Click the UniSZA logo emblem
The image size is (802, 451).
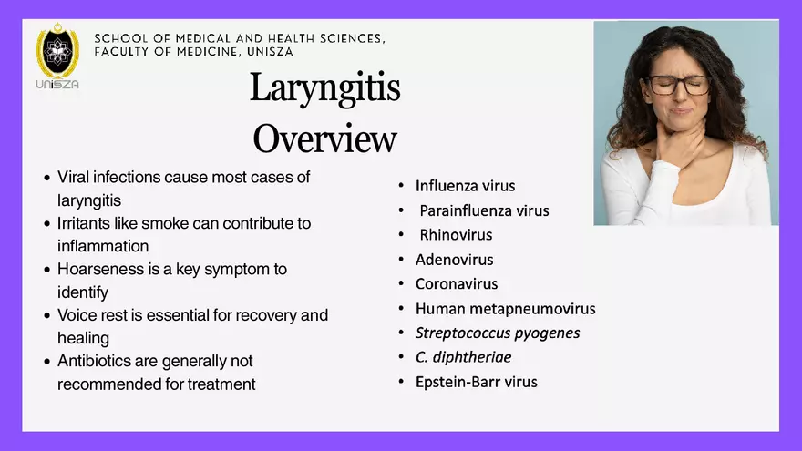(x=57, y=52)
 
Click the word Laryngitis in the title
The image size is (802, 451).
(x=324, y=88)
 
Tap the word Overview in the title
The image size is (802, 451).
(x=324, y=139)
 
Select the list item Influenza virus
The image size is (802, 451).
(x=465, y=186)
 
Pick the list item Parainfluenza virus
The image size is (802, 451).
(x=484, y=210)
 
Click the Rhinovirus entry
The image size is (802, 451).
(x=456, y=235)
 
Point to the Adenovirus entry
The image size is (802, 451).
(x=454, y=260)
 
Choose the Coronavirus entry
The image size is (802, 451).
(x=457, y=283)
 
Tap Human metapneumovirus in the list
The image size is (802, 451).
(x=505, y=308)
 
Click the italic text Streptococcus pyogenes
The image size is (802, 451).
(x=498, y=333)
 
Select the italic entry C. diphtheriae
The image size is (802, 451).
(x=463, y=357)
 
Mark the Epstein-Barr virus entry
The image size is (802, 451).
(x=476, y=382)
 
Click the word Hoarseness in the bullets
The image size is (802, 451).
(x=98, y=270)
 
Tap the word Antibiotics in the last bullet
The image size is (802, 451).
(x=96, y=362)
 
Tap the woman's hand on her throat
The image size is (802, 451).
(x=673, y=146)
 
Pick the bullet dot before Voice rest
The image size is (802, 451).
(x=47, y=316)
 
